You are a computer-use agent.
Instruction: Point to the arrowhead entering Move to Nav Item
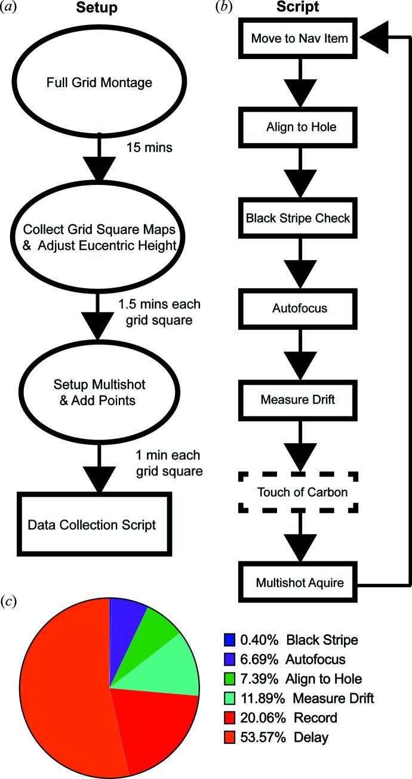point(374,39)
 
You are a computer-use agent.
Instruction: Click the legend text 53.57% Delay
point(281,738)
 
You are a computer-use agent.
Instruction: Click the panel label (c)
point(13,599)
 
